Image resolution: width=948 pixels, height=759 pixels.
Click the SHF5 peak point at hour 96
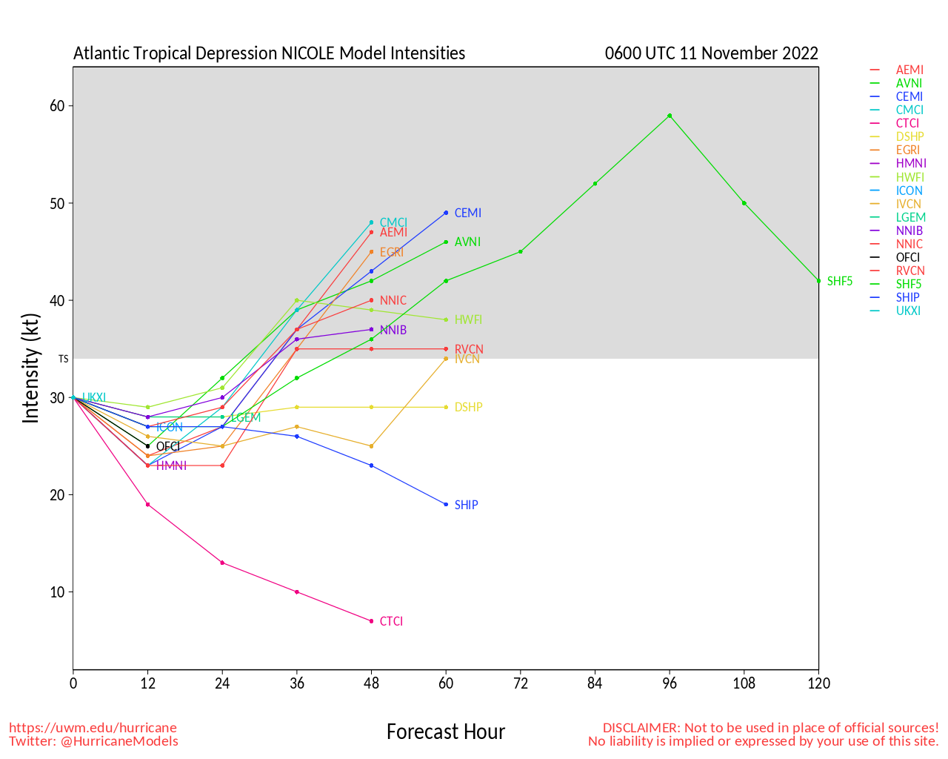click(x=670, y=116)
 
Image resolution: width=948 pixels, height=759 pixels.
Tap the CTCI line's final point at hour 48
click(x=371, y=621)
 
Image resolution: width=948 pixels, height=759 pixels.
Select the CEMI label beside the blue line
click(x=467, y=213)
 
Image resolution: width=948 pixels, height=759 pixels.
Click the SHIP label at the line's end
click(x=466, y=505)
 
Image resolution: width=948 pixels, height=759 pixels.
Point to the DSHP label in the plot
click(x=468, y=407)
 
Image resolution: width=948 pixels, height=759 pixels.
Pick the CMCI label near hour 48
click(x=393, y=223)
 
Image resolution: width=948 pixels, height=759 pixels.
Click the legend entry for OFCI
click(x=907, y=258)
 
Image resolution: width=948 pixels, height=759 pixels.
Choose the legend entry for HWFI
click(x=910, y=178)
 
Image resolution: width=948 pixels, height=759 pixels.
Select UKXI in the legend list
click(x=908, y=311)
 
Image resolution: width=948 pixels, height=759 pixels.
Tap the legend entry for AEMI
click(x=909, y=70)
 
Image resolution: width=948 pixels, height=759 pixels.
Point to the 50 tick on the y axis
click(x=57, y=203)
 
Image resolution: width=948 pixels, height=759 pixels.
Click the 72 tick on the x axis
click(x=521, y=683)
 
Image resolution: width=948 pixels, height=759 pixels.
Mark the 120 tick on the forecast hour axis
click(x=818, y=683)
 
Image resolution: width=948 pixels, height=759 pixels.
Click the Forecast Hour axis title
click(x=445, y=732)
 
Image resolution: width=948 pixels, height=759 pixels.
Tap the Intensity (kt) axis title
click(x=30, y=368)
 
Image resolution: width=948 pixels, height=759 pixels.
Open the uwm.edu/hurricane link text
click(x=93, y=728)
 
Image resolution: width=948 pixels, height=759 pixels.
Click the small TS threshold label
click(x=63, y=359)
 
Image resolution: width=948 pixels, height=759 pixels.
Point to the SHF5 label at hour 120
click(x=839, y=282)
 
